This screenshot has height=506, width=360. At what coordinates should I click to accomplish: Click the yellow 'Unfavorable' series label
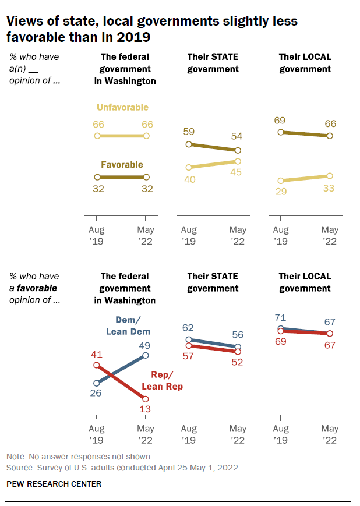tap(123, 108)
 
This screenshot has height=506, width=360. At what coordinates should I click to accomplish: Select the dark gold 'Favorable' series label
tap(122, 165)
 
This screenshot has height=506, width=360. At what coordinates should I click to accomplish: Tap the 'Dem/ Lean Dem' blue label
tap(128, 325)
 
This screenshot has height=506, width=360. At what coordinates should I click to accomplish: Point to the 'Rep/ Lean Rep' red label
tap(163, 380)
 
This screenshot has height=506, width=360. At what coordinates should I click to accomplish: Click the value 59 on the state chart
tap(189, 132)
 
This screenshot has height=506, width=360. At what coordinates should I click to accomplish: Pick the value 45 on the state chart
tap(236, 172)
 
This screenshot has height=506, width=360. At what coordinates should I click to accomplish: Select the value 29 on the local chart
tap(281, 192)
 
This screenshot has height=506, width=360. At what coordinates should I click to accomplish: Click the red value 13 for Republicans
tap(145, 409)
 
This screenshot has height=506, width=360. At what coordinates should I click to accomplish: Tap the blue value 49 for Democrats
tap(144, 346)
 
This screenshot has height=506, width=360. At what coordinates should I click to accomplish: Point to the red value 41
tap(96, 355)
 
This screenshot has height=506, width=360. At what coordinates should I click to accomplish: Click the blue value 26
tap(96, 392)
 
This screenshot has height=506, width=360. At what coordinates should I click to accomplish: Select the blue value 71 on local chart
tap(280, 318)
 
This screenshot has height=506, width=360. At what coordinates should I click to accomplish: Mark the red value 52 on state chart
tap(237, 362)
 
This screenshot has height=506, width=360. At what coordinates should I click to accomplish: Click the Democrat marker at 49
tap(145, 355)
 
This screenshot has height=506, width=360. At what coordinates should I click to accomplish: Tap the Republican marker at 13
tap(145, 399)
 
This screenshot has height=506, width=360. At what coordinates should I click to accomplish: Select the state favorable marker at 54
tap(238, 150)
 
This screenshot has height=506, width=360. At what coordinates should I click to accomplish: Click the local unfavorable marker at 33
tap(330, 176)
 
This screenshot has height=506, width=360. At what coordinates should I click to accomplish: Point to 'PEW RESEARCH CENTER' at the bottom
tap(54, 484)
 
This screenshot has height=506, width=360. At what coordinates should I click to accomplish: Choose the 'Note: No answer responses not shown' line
tap(79, 457)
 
